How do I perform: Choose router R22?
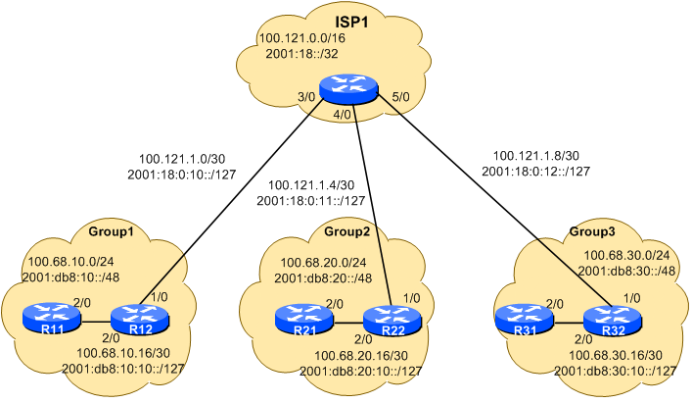[391, 319]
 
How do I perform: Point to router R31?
[522, 319]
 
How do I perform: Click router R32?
[612, 320]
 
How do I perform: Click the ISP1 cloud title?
[350, 21]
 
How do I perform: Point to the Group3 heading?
[592, 232]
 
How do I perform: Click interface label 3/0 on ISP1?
[306, 96]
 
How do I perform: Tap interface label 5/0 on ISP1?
[400, 96]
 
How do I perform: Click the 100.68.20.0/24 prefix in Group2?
[324, 263]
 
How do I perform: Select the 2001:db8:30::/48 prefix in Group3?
[623, 270]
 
